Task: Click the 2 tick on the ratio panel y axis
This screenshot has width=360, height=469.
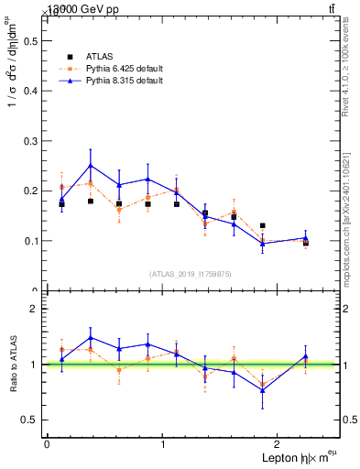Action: coord(38,309)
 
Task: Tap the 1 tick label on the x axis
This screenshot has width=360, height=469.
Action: coord(163,443)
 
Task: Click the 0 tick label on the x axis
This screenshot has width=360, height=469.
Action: coord(47,443)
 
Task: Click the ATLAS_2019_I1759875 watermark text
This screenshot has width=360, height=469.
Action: coord(191,273)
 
